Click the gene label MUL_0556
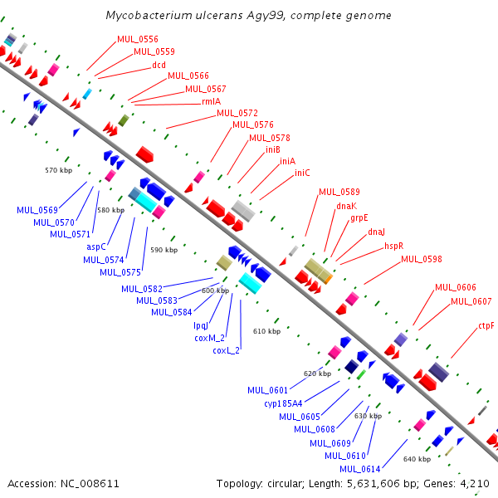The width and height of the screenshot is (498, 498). click(x=138, y=39)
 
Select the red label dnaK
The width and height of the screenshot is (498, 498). click(x=346, y=206)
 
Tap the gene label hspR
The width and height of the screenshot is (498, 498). click(x=393, y=247)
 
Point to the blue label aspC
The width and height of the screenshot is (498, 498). click(x=96, y=247)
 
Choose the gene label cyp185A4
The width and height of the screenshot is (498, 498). click(x=283, y=403)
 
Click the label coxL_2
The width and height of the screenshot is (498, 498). click(x=226, y=350)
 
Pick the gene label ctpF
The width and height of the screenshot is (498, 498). click(x=486, y=326)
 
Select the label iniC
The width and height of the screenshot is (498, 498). click(x=302, y=173)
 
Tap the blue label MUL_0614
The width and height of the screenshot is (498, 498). click(x=360, y=469)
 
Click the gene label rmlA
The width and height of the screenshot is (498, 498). click(x=211, y=101)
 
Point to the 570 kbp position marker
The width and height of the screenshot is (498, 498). click(x=58, y=170)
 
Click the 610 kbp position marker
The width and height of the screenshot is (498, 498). click(x=266, y=331)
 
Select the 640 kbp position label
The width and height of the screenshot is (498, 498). click(x=417, y=459)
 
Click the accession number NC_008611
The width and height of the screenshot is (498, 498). click(x=90, y=484)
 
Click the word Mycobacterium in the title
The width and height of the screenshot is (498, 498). click(x=149, y=15)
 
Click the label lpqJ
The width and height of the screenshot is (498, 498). click(x=201, y=326)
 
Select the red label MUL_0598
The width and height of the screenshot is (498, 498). click(x=422, y=259)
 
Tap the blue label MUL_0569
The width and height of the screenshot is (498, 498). click(x=37, y=210)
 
